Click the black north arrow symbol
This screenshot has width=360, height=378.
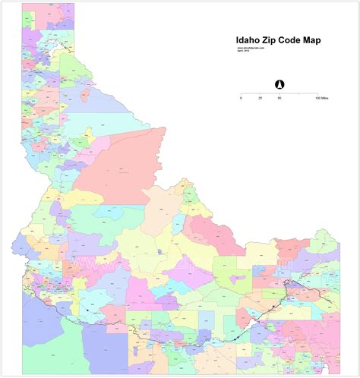(x=279, y=83)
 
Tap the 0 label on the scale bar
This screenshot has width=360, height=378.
(x=241, y=99)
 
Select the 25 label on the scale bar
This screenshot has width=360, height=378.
(x=260, y=99)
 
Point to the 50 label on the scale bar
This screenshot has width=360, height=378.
(x=279, y=99)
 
